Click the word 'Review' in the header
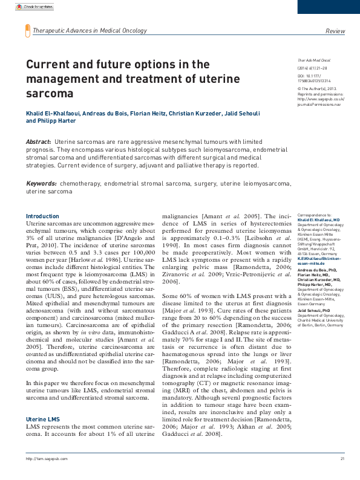335,30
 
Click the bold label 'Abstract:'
38,141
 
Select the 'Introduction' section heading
42,216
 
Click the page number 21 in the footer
342,476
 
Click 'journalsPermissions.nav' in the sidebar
319,104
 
